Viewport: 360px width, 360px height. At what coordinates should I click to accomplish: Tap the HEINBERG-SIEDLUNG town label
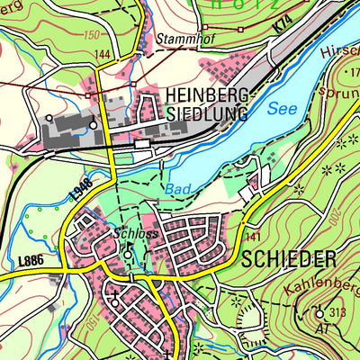(212, 104)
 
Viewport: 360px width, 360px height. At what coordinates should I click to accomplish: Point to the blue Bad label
(178, 190)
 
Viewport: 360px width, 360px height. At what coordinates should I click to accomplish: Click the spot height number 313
(337, 313)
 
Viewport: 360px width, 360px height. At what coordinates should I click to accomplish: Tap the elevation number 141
(252, 236)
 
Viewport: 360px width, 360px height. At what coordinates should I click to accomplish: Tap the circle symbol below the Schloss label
(127, 255)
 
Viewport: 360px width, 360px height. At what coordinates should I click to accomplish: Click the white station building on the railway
(142, 143)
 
